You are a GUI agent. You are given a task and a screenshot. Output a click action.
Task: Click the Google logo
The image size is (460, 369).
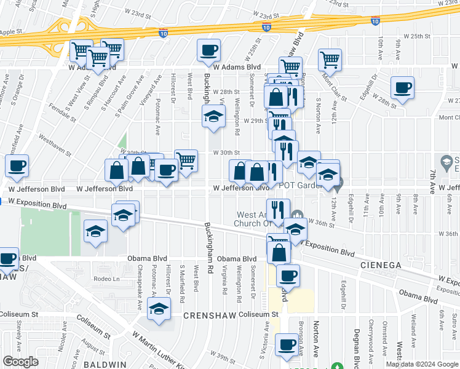pos(20,362)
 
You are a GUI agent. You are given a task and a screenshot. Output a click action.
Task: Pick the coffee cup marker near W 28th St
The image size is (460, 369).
pos(402,88)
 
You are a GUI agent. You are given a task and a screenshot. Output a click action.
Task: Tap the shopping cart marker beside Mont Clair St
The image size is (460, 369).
pos(330,60)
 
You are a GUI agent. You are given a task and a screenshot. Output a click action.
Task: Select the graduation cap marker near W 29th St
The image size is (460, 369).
pos(213,116)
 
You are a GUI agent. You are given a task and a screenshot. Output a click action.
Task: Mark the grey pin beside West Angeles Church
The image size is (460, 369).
pos(298,214)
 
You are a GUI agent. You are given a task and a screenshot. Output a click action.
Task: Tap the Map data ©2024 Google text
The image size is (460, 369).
pos(421,364)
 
